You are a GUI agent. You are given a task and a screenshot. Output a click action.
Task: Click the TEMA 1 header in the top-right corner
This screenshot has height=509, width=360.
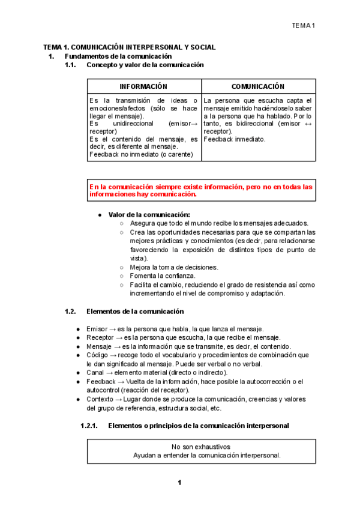click(304, 25)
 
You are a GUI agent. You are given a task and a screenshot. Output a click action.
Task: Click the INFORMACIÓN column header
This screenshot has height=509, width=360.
click(143, 87)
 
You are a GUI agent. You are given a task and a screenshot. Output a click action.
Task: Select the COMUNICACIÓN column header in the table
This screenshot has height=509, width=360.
click(258, 87)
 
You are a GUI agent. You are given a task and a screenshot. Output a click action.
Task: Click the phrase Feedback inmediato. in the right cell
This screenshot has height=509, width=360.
click(234, 139)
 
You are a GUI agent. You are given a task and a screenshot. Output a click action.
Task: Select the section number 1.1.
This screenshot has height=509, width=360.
click(71, 64)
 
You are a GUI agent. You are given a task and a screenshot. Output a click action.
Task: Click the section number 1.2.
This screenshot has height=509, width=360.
click(71, 312)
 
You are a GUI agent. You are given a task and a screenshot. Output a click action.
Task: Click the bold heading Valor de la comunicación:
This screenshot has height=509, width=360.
click(149, 214)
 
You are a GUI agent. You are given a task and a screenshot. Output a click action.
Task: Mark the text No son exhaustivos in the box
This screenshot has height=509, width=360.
click(200, 447)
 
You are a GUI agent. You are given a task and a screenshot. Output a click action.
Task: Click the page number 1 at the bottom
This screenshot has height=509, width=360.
click(179, 483)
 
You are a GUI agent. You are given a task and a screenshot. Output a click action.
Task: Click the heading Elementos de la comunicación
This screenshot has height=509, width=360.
click(135, 312)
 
